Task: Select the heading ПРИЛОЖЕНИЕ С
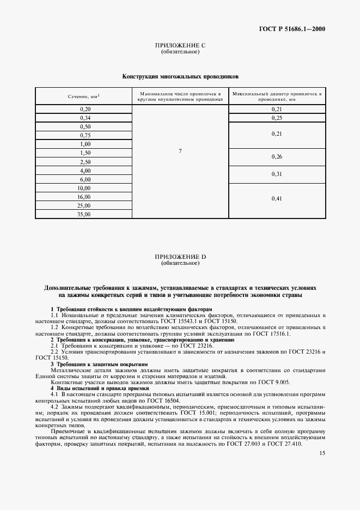180,46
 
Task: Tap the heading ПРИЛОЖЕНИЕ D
180,257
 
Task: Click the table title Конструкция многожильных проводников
180,77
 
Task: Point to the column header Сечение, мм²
84,96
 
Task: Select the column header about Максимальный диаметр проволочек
277,96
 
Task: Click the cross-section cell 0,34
85,118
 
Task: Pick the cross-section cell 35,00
85,214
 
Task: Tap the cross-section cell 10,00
85,188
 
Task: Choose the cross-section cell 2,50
85,162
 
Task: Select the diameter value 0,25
277,118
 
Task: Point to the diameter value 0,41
277,199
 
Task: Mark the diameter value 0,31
277,174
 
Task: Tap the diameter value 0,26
277,157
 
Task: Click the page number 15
322,453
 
